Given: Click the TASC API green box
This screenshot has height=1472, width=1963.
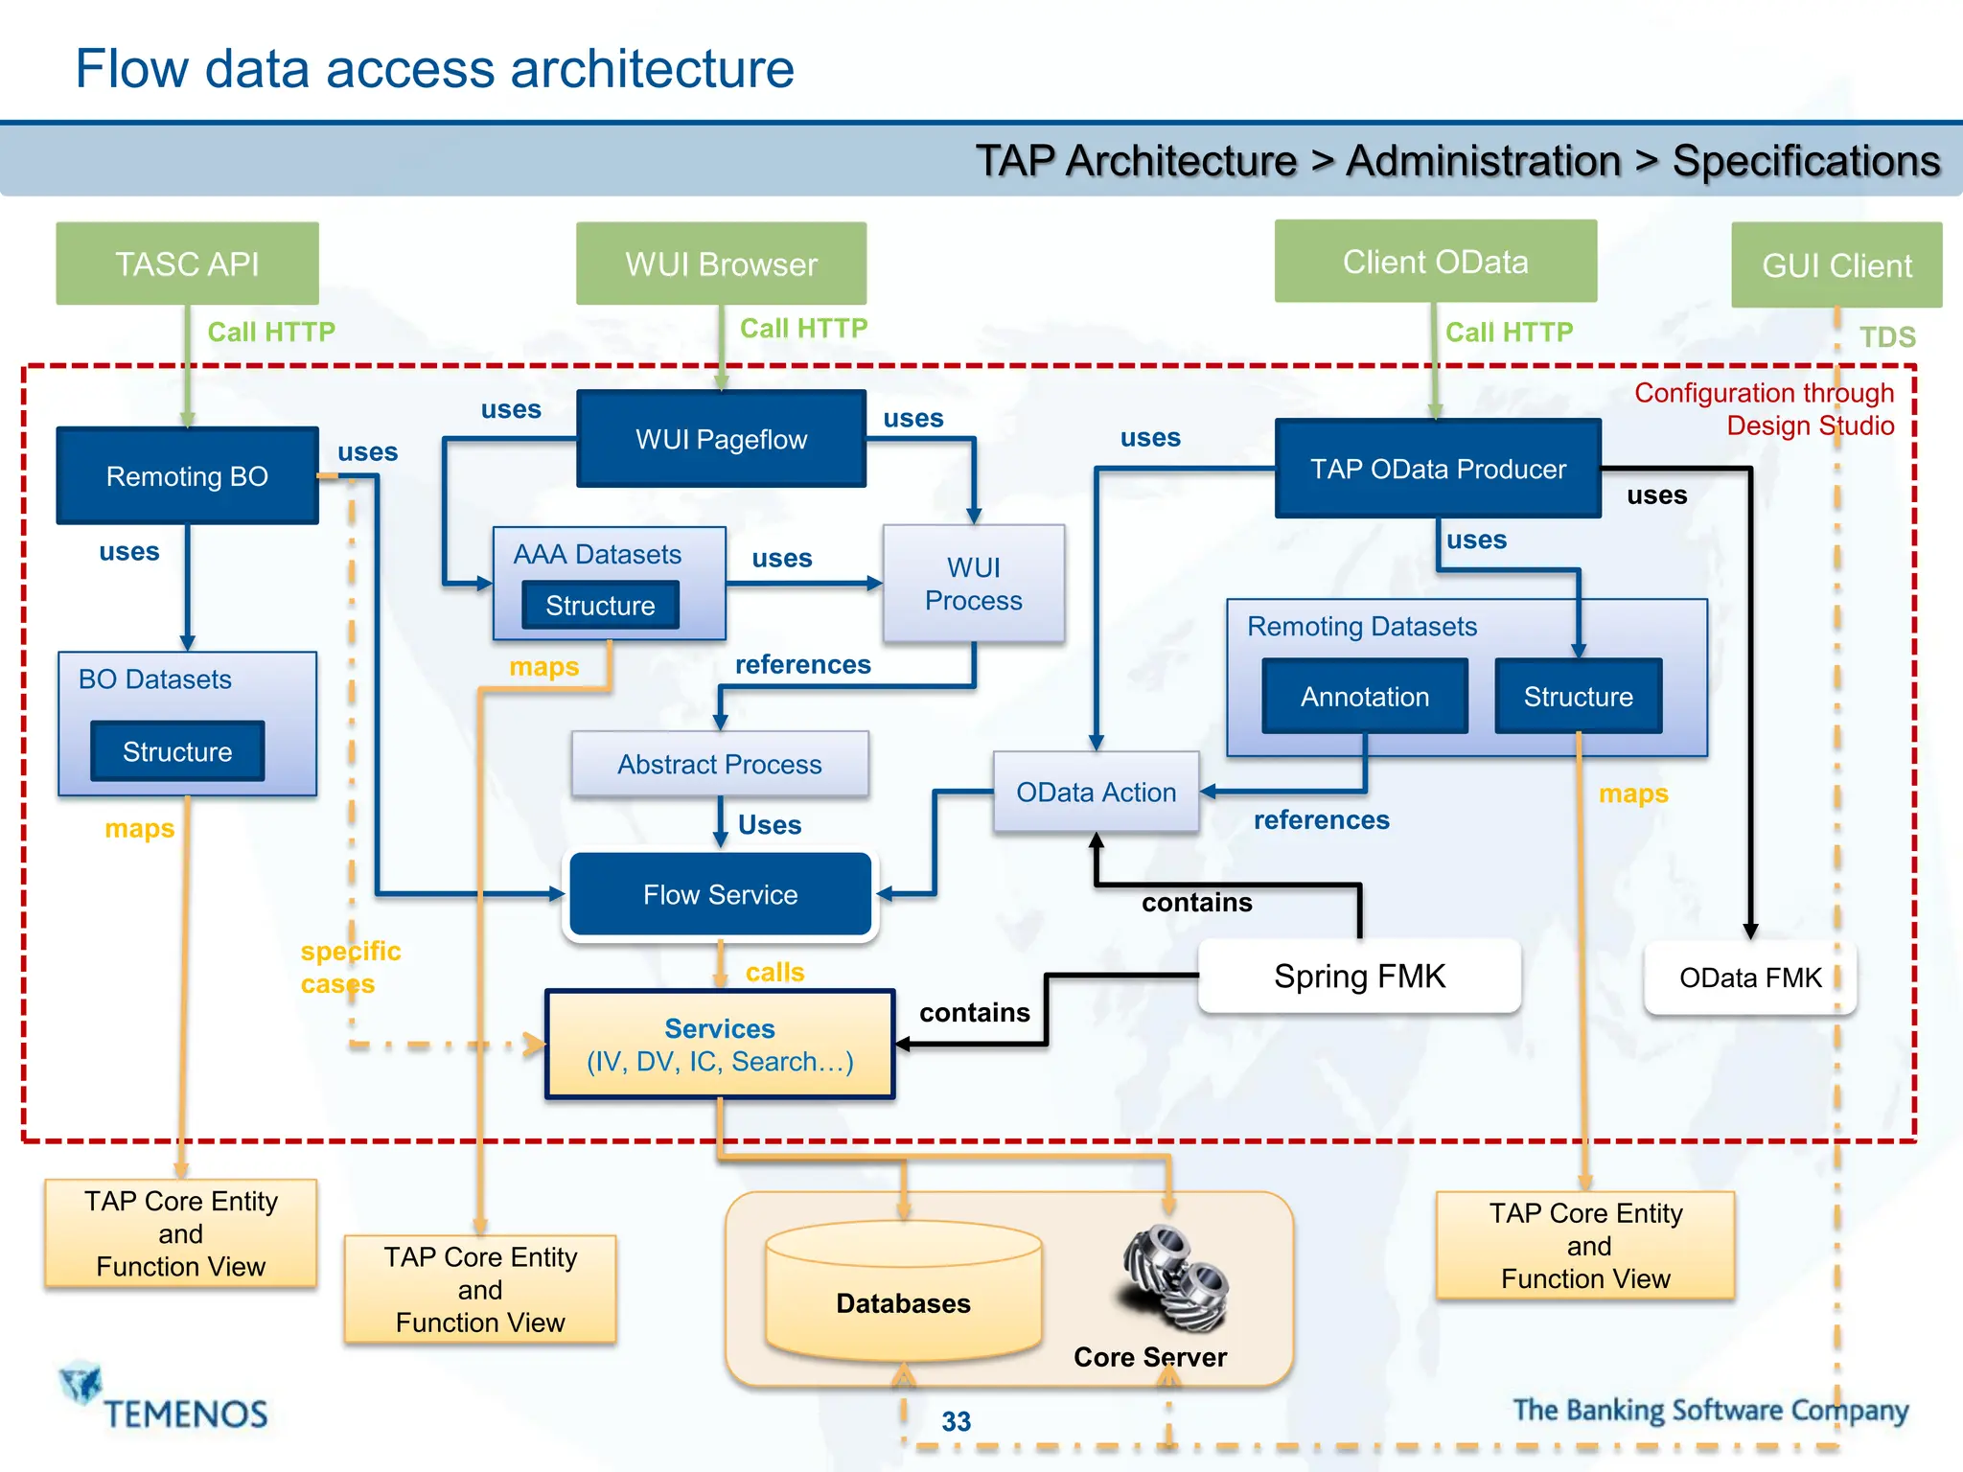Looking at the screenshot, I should (187, 264).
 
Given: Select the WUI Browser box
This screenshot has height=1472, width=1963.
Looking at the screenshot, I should (721, 264).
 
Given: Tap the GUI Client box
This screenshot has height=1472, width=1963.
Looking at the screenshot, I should (1836, 265).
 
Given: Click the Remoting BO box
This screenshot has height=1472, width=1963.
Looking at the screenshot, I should (187, 475).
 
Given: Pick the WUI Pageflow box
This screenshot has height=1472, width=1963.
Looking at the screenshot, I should (721, 439).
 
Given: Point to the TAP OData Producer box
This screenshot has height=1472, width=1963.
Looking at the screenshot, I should (1438, 469).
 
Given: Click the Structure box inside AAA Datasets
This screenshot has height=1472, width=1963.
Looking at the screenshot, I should (600, 606).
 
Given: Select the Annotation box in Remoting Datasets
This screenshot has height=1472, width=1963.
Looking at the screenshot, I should (1365, 697).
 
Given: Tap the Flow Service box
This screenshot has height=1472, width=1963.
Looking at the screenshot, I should (720, 894).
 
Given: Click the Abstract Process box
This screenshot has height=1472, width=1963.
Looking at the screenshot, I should (720, 764).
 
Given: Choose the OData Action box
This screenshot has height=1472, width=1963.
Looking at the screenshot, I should (1096, 792).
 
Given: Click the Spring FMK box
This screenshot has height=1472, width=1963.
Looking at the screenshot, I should (1359, 976).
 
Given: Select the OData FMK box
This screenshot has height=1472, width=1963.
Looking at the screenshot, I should (1750, 977).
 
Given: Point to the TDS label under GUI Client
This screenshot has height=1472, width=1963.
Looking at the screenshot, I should (1887, 337).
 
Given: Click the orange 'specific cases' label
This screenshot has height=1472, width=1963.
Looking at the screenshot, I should (350, 967).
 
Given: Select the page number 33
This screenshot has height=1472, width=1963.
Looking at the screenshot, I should (956, 1421).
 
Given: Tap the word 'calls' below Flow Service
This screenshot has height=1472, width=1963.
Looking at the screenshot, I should (774, 972).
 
